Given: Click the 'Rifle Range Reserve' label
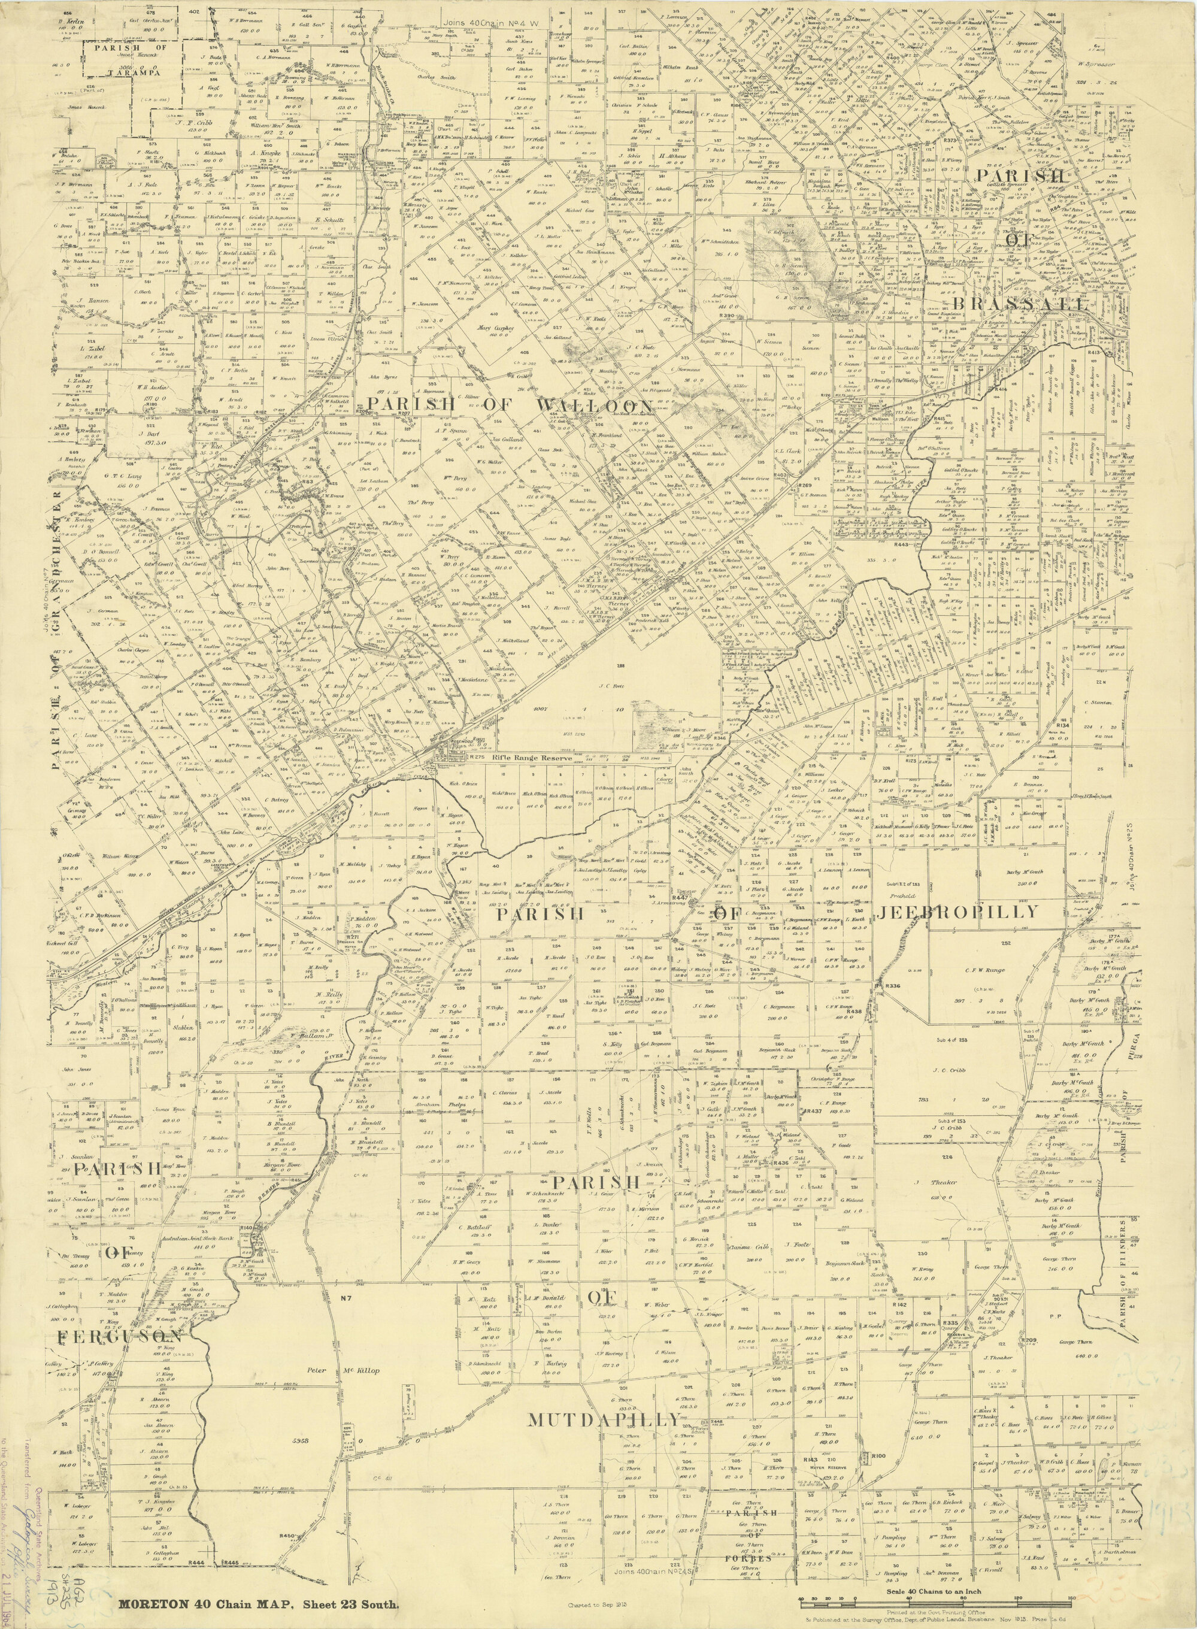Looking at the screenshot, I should click(532, 758).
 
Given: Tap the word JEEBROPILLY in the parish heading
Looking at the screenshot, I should click(958, 912).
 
